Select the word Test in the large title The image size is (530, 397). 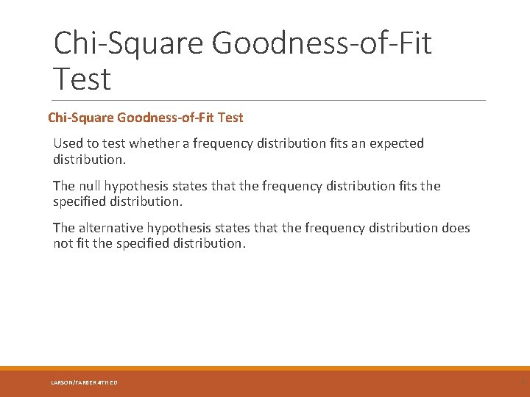pos(82,79)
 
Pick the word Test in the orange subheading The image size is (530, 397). pos(230,118)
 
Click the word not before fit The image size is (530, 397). pos(63,243)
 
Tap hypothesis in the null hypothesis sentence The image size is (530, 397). pos(139,187)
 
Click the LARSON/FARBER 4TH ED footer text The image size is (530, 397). pos(84,382)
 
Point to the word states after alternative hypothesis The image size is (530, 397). pos(238,228)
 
